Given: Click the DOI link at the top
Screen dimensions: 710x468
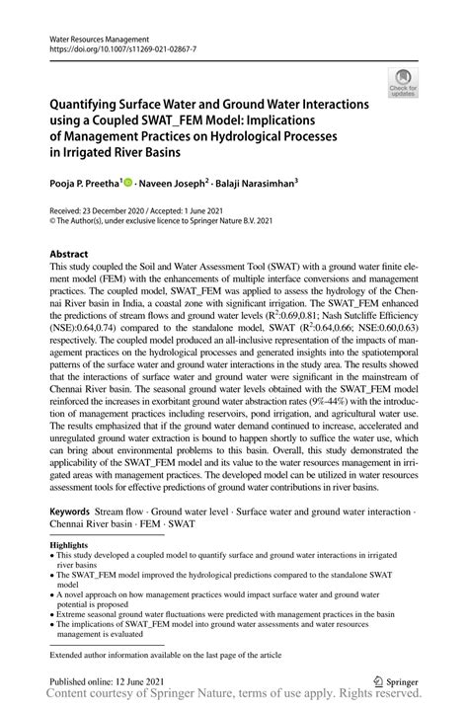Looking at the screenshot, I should [x=122, y=46].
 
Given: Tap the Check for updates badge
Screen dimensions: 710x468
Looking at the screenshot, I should [x=402, y=83].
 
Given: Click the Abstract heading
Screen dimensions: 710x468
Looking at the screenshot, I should [x=75, y=254].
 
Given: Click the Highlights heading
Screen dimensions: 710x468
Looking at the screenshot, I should [x=68, y=545].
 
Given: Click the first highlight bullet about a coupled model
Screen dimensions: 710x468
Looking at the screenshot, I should [x=217, y=560].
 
